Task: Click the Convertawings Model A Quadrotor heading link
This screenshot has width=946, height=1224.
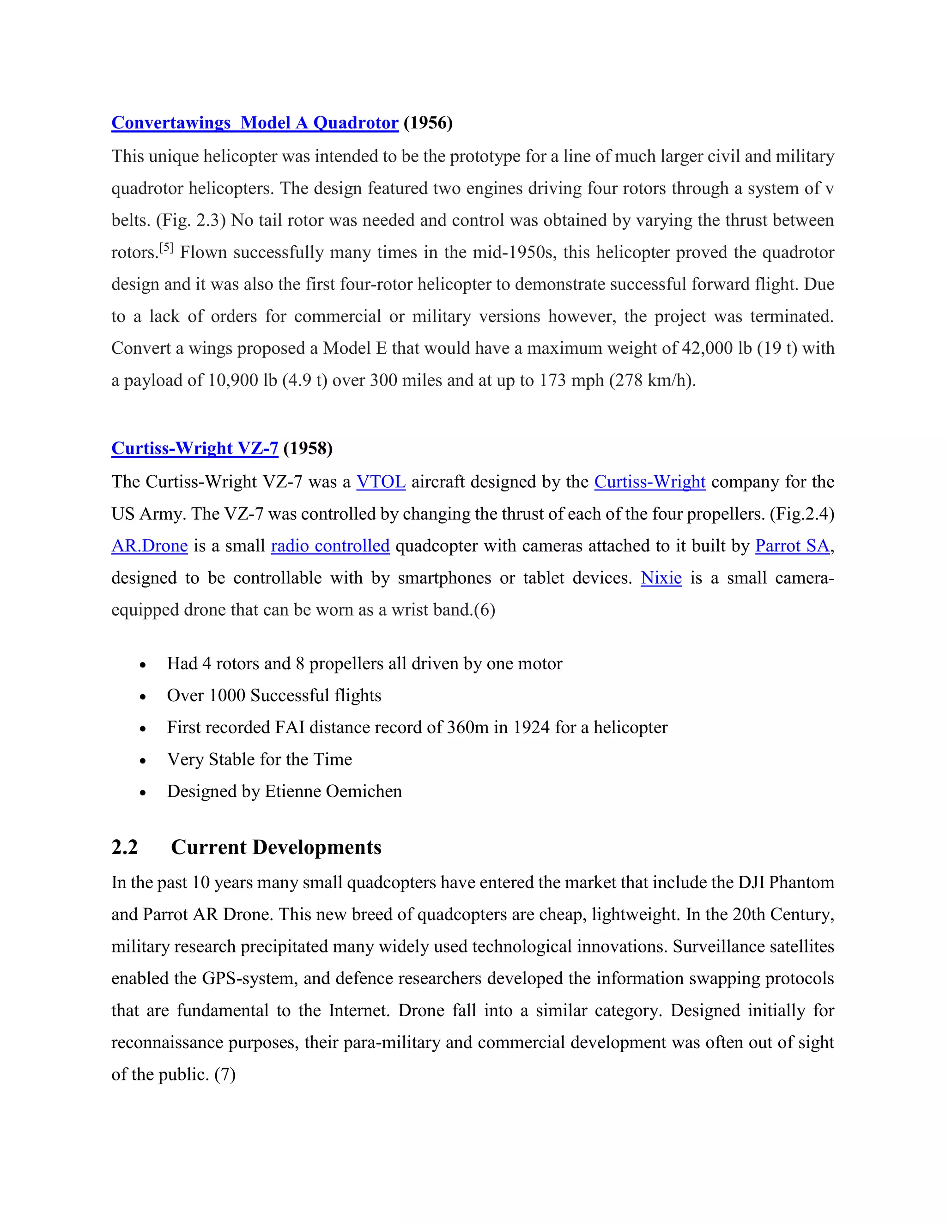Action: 255,123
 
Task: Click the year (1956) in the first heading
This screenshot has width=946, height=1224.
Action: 428,123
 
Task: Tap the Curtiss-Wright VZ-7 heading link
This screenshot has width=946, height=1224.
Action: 194,448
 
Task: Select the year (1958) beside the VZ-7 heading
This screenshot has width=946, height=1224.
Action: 308,448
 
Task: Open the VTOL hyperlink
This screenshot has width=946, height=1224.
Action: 381,482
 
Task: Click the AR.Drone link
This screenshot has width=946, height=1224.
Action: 149,546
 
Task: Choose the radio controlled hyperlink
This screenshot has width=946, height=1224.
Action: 330,546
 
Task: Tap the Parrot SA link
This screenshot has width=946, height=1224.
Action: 792,546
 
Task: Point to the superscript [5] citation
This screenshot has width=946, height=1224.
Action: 166,248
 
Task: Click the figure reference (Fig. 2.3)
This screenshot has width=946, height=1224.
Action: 191,220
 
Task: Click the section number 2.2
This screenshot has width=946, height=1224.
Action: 124,847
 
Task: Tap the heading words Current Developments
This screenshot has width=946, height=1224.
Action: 276,847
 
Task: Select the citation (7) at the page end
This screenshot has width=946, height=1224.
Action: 225,1074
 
